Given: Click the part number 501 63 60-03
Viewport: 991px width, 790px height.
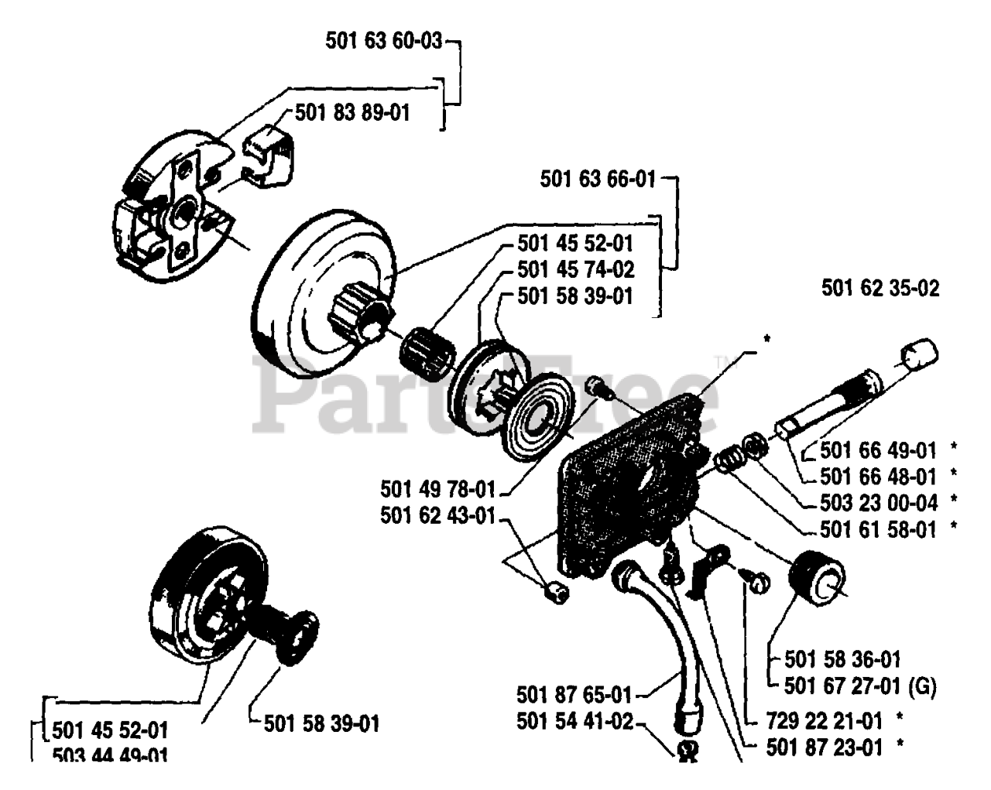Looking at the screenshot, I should [x=383, y=41].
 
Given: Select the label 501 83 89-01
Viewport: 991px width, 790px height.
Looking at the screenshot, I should [x=352, y=113].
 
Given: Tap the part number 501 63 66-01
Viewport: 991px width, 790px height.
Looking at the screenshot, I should [x=598, y=180].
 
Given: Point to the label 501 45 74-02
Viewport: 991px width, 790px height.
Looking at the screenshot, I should [x=575, y=270].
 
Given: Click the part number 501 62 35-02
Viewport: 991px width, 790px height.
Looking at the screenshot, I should [x=880, y=289].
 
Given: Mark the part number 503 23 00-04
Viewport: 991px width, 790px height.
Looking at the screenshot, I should [x=879, y=503].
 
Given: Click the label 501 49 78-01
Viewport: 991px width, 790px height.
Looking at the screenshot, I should [x=437, y=490].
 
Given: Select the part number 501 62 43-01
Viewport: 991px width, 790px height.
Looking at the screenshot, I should [x=437, y=516].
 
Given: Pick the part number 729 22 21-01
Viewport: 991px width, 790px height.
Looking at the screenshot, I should [x=823, y=721].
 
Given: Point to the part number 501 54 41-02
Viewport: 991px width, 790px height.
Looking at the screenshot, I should [x=574, y=722].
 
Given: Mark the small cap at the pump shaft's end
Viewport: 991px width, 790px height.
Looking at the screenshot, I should [x=919, y=356].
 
